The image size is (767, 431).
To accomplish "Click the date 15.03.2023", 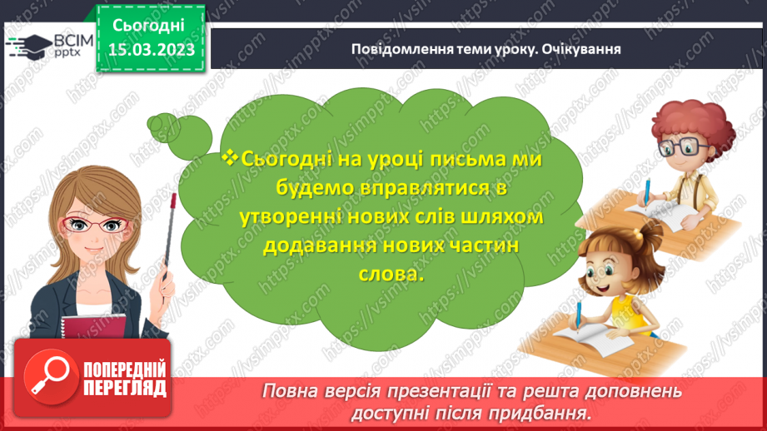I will click(x=151, y=50).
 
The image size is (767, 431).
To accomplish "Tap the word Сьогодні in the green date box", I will click(x=150, y=25).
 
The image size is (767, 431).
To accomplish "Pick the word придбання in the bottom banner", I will click(x=551, y=412).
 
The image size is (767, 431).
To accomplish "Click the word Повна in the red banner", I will click(x=291, y=390).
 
